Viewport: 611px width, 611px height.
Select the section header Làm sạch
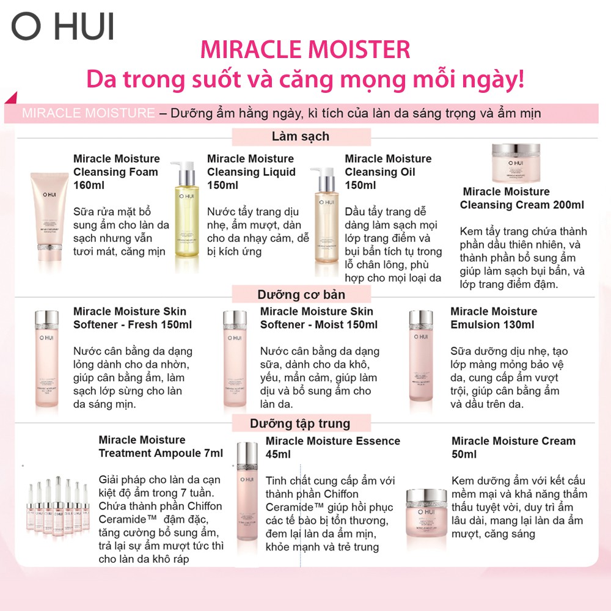(x=300, y=136)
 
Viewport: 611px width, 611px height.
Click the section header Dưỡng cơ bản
(x=301, y=295)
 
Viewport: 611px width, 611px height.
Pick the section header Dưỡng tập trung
(x=300, y=423)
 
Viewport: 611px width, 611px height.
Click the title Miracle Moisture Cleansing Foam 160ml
(x=116, y=172)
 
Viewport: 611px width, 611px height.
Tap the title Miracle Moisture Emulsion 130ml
(x=494, y=318)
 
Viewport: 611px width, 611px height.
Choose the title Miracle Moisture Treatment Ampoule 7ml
(x=160, y=447)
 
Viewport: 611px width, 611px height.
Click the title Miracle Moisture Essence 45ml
(x=332, y=447)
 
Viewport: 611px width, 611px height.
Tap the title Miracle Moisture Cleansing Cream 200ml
(x=521, y=199)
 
